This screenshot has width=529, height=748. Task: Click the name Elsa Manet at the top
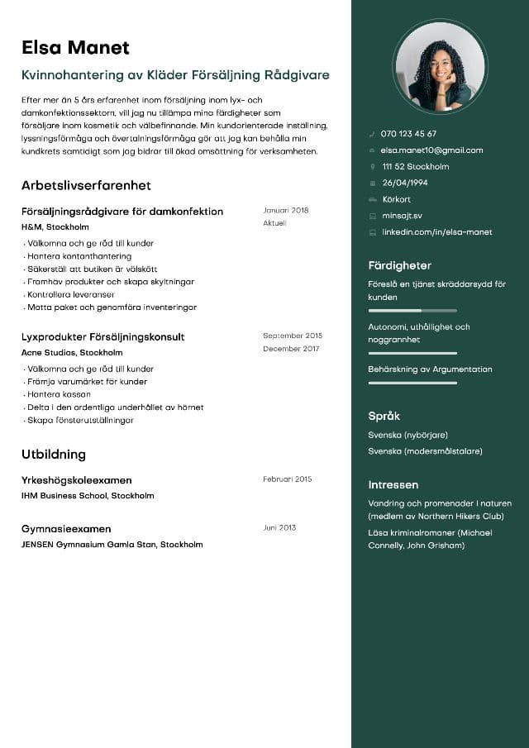pyautogui.click(x=75, y=47)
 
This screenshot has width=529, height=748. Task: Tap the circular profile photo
pyautogui.click(x=440, y=67)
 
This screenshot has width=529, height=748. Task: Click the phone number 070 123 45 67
pyautogui.click(x=408, y=134)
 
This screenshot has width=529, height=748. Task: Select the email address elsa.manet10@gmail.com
pyautogui.click(x=431, y=150)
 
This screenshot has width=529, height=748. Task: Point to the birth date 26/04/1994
pyautogui.click(x=405, y=183)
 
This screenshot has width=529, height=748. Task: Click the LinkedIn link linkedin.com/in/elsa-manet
pyautogui.click(x=436, y=232)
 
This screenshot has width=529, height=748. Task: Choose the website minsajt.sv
pyautogui.click(x=402, y=216)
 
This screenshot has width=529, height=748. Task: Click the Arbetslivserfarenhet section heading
pyautogui.click(x=86, y=185)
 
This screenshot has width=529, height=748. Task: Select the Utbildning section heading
pyautogui.click(x=54, y=454)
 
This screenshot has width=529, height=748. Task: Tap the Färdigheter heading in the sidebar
pyautogui.click(x=399, y=265)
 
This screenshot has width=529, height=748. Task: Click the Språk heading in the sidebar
pyautogui.click(x=384, y=416)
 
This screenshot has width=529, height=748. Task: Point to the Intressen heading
pyautogui.click(x=393, y=484)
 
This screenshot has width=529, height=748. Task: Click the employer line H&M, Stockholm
pyautogui.click(x=55, y=226)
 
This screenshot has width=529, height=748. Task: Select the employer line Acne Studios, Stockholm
pyautogui.click(x=73, y=352)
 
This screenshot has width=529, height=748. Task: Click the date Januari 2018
pyautogui.click(x=285, y=210)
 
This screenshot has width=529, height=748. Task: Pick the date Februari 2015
pyautogui.click(x=287, y=479)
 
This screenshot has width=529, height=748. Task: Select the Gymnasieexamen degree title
pyautogui.click(x=66, y=528)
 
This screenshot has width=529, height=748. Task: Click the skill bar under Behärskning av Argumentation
pyautogui.click(x=412, y=383)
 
